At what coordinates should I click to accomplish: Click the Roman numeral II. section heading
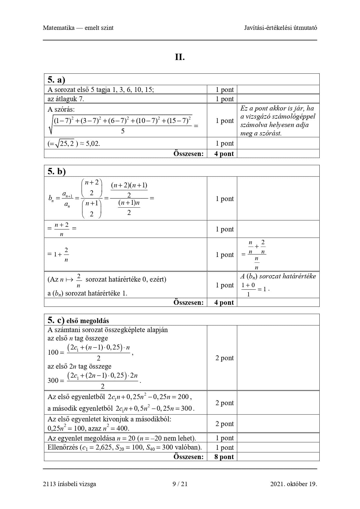(180, 57)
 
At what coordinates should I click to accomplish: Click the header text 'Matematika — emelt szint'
(78, 28)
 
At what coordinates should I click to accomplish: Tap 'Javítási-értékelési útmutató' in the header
(280, 28)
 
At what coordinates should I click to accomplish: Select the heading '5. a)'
(56, 80)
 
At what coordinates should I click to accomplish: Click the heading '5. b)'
(57, 171)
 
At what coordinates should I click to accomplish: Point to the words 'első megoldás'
(88, 321)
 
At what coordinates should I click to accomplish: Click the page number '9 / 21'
(180, 484)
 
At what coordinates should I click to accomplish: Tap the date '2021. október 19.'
(294, 484)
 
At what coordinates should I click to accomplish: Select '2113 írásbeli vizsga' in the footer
(69, 484)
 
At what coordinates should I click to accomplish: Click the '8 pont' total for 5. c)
(224, 457)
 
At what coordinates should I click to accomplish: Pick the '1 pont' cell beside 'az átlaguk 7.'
(225, 99)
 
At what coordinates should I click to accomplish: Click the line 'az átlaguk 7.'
(66, 99)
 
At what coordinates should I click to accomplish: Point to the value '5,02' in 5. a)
(93, 144)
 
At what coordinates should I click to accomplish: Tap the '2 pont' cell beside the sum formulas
(225, 358)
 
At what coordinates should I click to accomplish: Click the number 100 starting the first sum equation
(53, 352)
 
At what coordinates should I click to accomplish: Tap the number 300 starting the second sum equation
(53, 381)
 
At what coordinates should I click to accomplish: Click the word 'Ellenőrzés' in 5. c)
(63, 447)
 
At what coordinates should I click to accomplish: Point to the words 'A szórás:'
(61, 109)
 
